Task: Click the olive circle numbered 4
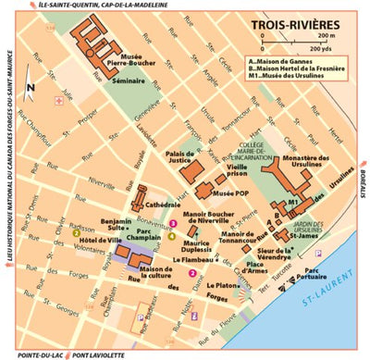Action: point(170,236)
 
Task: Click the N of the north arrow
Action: point(30,87)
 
